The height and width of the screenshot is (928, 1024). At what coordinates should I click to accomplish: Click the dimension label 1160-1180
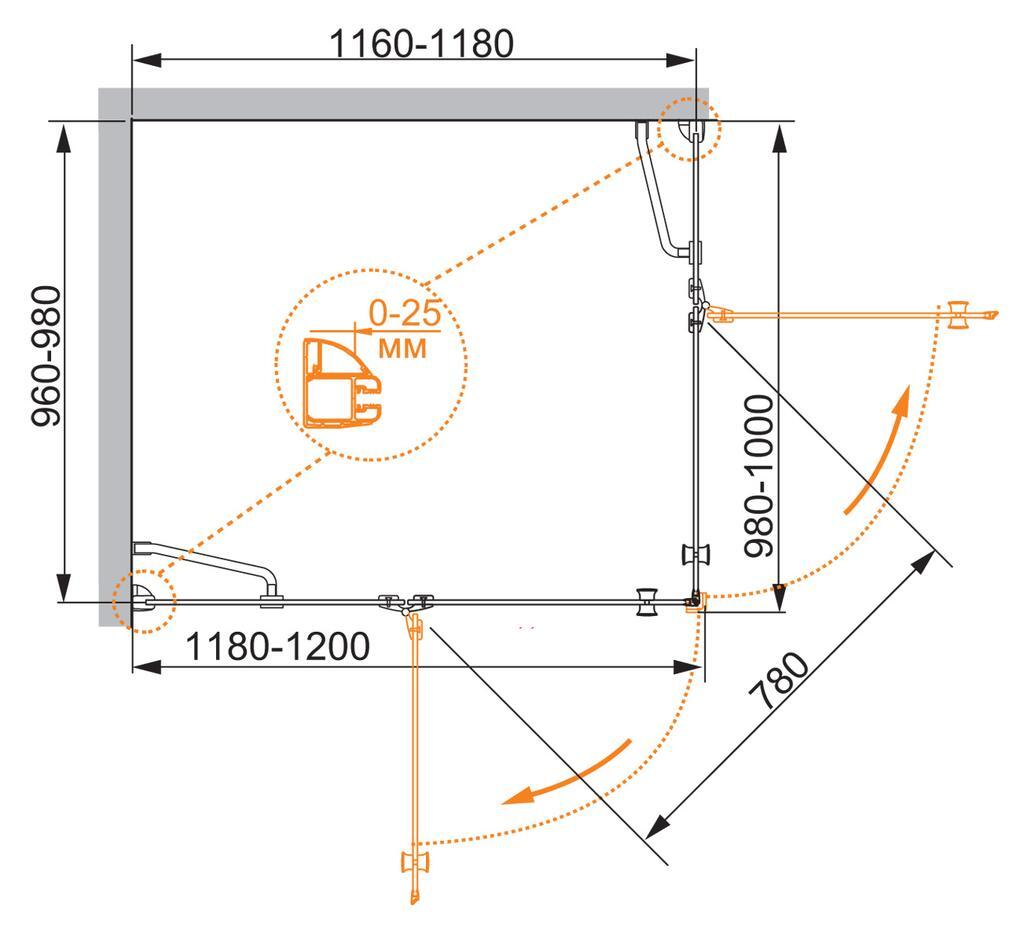pos(421,43)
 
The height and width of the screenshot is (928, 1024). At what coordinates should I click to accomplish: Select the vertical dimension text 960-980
pos(46,357)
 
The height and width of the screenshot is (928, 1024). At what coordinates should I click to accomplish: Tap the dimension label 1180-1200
pos(278,647)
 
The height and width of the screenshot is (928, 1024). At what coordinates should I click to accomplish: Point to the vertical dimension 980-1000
pos(759,476)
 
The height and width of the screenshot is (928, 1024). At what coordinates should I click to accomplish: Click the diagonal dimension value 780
pos(779,681)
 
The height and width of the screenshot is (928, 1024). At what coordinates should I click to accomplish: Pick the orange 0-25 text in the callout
pos(405,313)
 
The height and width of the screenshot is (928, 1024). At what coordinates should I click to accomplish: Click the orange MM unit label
pos(403,349)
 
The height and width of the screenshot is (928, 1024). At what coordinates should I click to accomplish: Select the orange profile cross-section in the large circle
pos(342,383)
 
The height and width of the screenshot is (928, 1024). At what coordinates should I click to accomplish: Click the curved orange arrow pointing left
pos(566,772)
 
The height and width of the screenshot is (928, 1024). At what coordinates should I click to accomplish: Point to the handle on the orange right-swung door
pos(958,316)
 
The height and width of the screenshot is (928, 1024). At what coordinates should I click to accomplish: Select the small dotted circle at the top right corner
pos(689,129)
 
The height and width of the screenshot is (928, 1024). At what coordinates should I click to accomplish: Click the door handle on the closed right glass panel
pos(696,555)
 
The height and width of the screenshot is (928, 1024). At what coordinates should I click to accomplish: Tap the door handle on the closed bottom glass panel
pos(647,602)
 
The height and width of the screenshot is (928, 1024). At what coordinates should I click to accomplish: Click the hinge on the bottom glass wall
pos(407,603)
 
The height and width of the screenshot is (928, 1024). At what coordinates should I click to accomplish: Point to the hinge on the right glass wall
pos(697,305)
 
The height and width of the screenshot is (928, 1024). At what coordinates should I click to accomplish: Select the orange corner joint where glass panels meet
pos(696,601)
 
